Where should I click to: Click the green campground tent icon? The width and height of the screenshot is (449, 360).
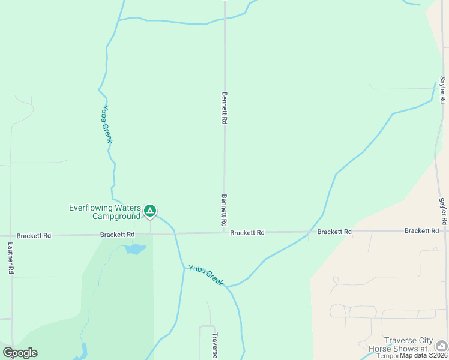pos(150,211)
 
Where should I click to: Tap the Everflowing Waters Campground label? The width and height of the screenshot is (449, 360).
pos(104,212)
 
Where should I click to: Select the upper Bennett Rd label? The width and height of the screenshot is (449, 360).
pos(224,108)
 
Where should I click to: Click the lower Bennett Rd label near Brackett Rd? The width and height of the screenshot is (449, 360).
pos(224,210)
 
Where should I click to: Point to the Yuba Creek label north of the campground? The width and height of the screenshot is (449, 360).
pos(107,124)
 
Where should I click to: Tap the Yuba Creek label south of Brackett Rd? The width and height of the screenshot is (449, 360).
pos(206,275)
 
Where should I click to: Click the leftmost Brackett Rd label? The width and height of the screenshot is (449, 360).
pos(34,236)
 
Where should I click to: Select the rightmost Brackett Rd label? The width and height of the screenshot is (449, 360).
pos(421,231)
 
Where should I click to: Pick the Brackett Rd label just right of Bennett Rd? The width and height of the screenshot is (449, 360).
pos(247,233)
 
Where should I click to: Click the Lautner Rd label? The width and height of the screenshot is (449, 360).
pos(11,259)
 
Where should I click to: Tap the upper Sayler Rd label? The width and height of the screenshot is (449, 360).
pos(442,90)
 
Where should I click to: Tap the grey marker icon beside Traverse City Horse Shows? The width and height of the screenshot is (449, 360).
pos(441,345)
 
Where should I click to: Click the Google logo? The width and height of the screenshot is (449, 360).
pos(20,353)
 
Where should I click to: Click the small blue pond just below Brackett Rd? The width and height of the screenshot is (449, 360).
pos(136,248)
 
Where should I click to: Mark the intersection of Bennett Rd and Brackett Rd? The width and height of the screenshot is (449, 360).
pos(224,233)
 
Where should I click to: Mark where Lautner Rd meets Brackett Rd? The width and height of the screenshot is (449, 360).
pos(10,236)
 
